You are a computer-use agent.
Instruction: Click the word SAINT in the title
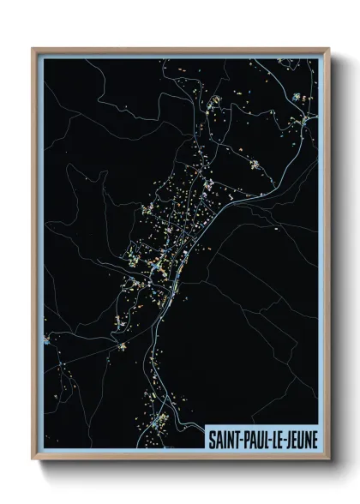pyautogui.click(x=223, y=437)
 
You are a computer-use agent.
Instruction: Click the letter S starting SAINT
pyautogui.click(x=211, y=437)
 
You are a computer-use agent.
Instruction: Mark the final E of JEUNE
pyautogui.click(x=313, y=437)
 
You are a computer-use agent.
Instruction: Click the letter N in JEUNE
pyautogui.click(x=307, y=437)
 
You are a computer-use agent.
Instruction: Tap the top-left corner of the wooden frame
pyautogui.click(x=33, y=49)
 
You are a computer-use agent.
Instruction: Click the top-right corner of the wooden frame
pyautogui.click(x=328, y=49)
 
